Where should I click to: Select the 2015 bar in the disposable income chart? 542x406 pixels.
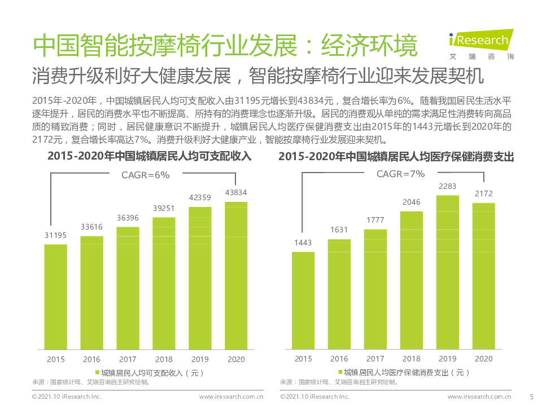click(x=55, y=297)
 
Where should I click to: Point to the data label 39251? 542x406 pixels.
click(x=163, y=208)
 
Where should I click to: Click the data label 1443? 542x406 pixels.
click(x=303, y=242)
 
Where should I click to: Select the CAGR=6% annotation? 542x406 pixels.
click(x=146, y=175)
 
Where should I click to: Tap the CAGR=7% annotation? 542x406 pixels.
click(x=401, y=174)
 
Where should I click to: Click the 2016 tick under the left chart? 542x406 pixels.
click(x=91, y=359)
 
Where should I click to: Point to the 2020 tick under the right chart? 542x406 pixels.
click(x=483, y=359)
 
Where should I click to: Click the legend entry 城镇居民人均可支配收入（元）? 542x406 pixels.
click(x=149, y=373)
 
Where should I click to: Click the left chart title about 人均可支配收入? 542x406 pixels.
click(x=149, y=156)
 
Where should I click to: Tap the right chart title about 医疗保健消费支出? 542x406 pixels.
click(x=396, y=157)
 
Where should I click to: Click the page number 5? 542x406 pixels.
click(x=531, y=397)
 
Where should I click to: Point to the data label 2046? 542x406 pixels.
click(x=411, y=202)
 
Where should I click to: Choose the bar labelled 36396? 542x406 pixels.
click(x=128, y=288)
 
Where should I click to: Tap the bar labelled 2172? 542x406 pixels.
click(x=483, y=276)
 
